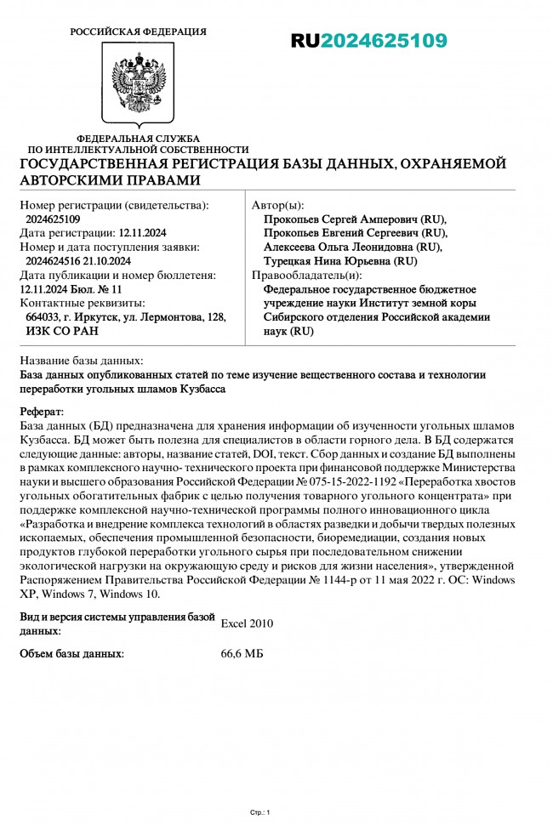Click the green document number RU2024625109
368,41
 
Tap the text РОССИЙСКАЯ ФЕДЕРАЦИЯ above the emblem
138,31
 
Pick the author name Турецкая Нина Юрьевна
340,261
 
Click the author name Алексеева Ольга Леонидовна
353,247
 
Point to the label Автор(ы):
277,205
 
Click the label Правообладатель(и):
306,275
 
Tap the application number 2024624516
56,261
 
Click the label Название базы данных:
81,361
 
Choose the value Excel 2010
247,623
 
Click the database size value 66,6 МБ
242,654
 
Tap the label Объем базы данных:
71,654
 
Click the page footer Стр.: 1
259,812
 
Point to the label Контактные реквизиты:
82,303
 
